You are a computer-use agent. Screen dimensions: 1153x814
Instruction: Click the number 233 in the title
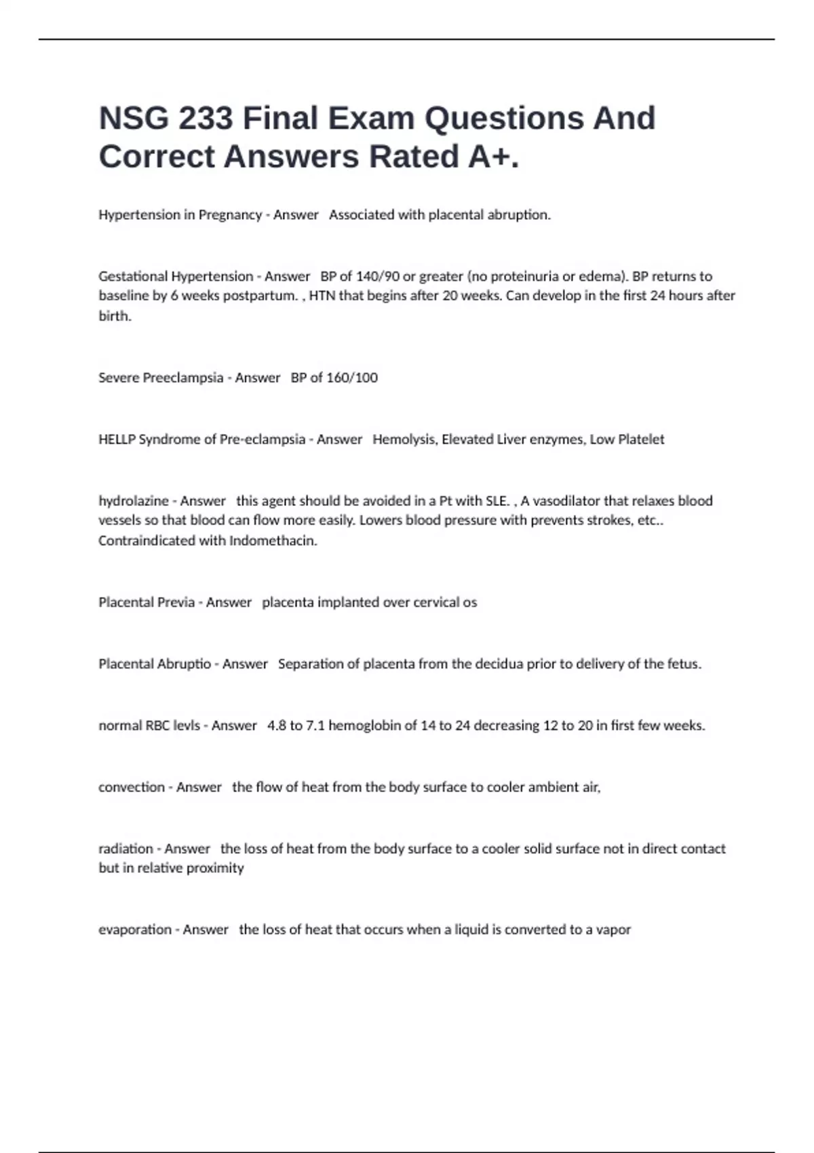204,119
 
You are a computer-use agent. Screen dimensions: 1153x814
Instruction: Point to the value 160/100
352,378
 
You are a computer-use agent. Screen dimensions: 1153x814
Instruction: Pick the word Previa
176,602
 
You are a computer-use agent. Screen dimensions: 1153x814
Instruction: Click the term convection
132,787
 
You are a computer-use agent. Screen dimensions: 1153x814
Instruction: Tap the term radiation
125,848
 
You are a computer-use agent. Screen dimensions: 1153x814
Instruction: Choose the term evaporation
135,930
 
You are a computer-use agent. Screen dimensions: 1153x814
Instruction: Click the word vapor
613,930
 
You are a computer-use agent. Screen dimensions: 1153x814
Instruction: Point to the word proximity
215,868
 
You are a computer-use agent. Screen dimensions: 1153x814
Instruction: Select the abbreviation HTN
322,296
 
